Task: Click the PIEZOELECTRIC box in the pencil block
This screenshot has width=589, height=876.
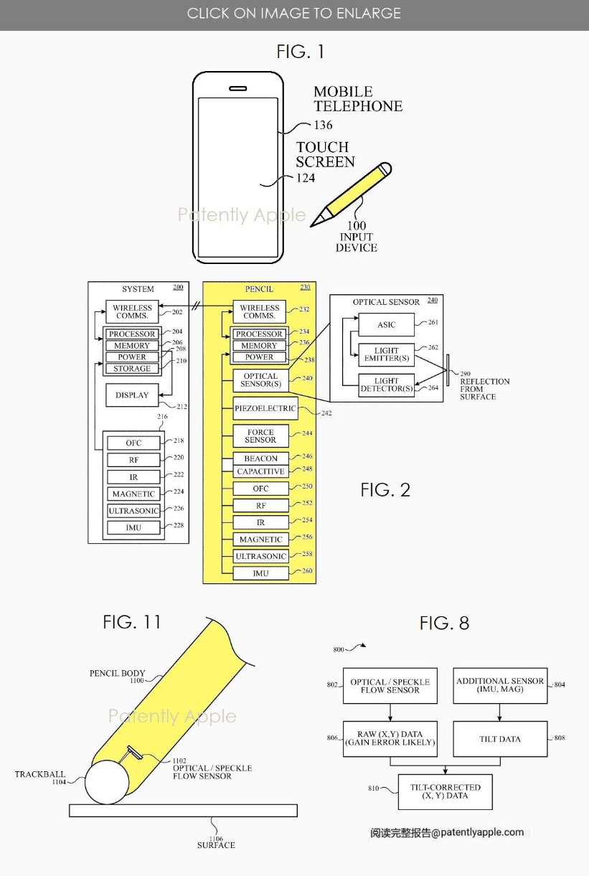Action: [x=265, y=408]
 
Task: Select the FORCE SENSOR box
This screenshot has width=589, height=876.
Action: [x=260, y=435]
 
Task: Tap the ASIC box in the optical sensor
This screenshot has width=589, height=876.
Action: [x=386, y=325]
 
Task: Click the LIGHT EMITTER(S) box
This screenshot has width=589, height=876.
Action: [x=386, y=354]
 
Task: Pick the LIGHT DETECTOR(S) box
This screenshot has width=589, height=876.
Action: [x=386, y=385]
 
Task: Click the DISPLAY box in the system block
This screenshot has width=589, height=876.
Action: [x=132, y=395]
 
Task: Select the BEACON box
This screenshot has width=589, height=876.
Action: [x=260, y=458]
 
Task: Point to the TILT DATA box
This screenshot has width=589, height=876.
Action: [x=499, y=739]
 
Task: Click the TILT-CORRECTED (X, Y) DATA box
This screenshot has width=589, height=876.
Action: [x=446, y=791]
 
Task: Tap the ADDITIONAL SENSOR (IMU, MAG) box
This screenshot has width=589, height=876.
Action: [x=499, y=685]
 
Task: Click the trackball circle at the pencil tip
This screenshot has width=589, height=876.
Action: [x=107, y=781]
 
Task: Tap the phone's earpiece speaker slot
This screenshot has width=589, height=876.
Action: [x=237, y=90]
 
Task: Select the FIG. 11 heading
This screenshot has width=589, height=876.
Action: [x=132, y=621]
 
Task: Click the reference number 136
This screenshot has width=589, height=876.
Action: [x=323, y=125]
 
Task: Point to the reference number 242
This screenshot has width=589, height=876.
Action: [x=326, y=413]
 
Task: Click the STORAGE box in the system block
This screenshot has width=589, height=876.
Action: [x=132, y=369]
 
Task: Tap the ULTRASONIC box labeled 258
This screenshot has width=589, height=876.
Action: [x=260, y=556]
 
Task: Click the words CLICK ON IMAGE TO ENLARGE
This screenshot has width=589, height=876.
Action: [x=294, y=14]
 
